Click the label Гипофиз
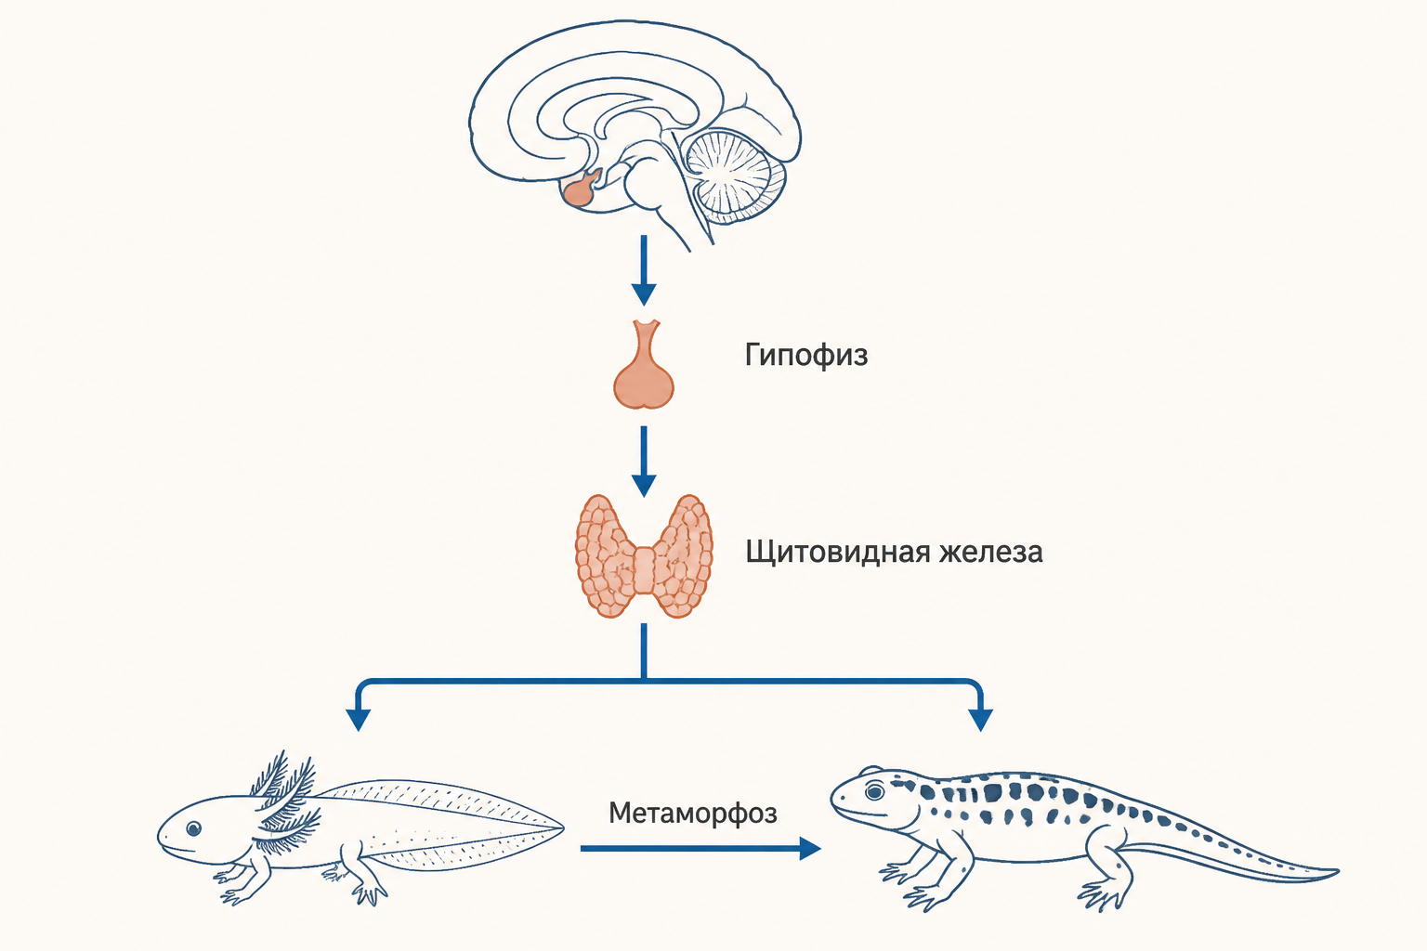pos(805,355)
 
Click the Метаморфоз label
pos(693,814)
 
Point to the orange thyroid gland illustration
pos(644,556)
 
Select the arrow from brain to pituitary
pos(644,270)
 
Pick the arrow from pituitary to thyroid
pos(644,462)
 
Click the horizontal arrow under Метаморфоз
pos(700,849)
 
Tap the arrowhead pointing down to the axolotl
pos(358,720)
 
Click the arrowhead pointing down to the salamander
pos(980,720)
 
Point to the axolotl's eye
pos(193,828)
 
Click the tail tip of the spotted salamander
pos(1337,871)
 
